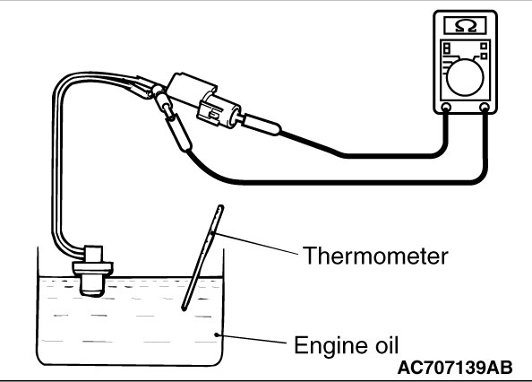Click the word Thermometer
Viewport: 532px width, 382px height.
tap(375, 256)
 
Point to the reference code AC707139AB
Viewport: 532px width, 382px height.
tap(455, 367)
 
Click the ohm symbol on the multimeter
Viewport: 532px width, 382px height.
tap(466, 26)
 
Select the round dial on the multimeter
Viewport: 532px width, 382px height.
tap(465, 77)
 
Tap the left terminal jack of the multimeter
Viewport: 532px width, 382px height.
tap(445, 108)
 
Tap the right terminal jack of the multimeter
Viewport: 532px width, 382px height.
tap(485, 108)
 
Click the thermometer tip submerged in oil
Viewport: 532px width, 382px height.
tap(184, 308)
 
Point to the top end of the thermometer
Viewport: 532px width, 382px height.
tap(220, 206)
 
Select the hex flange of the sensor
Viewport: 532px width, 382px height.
tap(92, 267)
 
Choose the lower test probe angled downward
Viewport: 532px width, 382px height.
tap(178, 132)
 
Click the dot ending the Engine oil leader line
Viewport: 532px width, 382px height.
tap(216, 334)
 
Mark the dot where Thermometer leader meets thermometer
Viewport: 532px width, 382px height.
tap(212, 232)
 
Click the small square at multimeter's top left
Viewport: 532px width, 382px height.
tap(447, 48)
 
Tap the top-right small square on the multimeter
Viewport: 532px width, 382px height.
tap(484, 46)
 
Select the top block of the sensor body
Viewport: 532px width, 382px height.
tap(92, 254)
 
